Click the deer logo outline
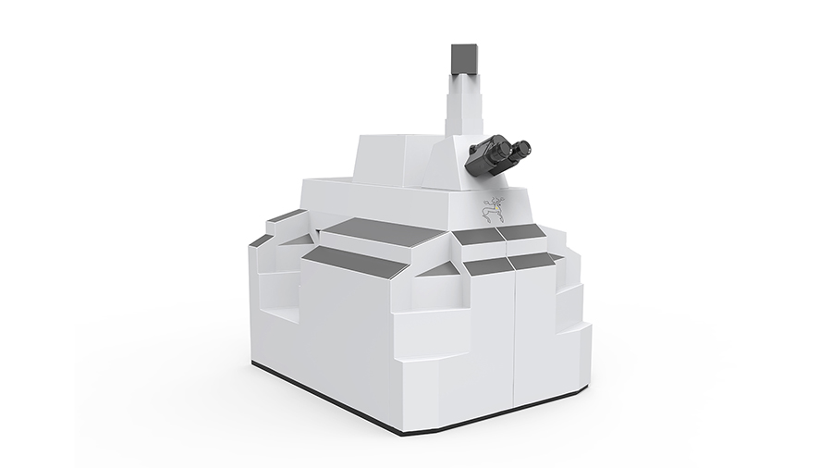pos(493,210)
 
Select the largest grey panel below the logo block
pos(373,229)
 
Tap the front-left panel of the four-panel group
pos(489,266)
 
